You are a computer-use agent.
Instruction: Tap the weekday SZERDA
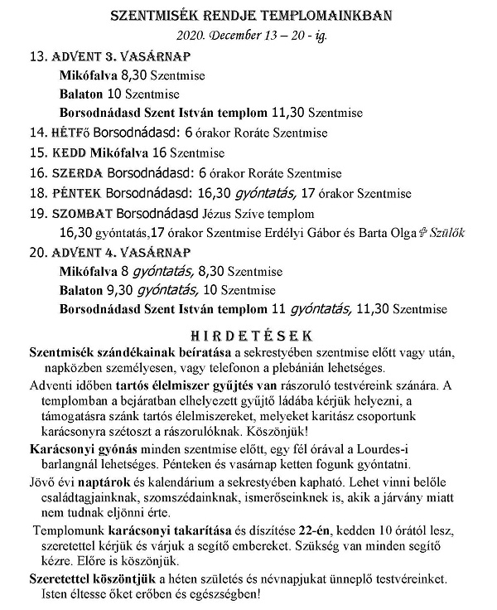pos(77,173)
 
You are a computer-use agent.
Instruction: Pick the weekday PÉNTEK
pos(77,194)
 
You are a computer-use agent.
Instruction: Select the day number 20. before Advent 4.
pos(38,252)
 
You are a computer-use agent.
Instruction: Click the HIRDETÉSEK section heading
pos(248,336)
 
